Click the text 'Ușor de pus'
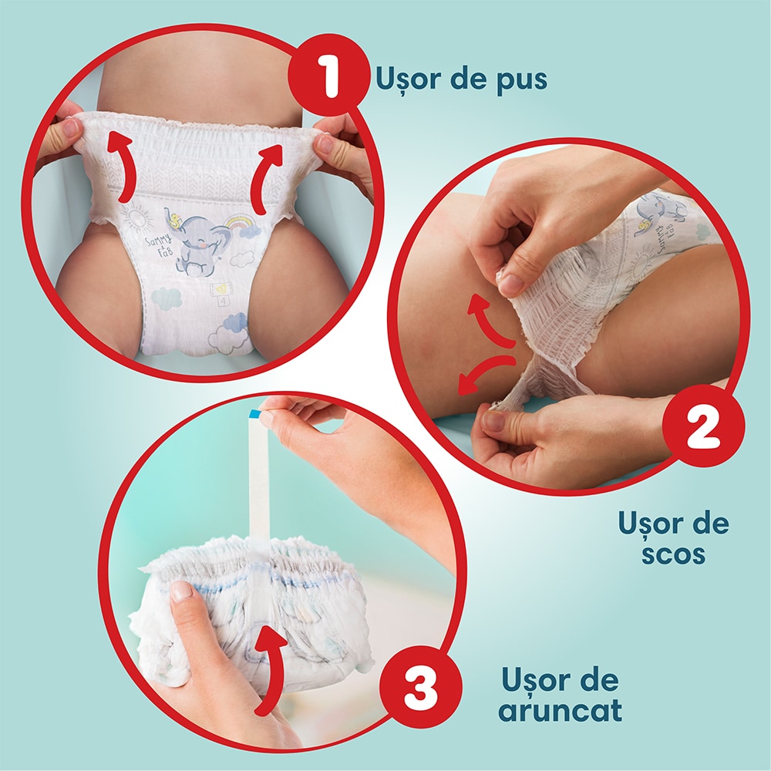462,79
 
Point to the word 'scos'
672,554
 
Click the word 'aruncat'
560,710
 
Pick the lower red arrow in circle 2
484,373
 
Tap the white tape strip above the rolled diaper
259,478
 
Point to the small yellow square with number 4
220,291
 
